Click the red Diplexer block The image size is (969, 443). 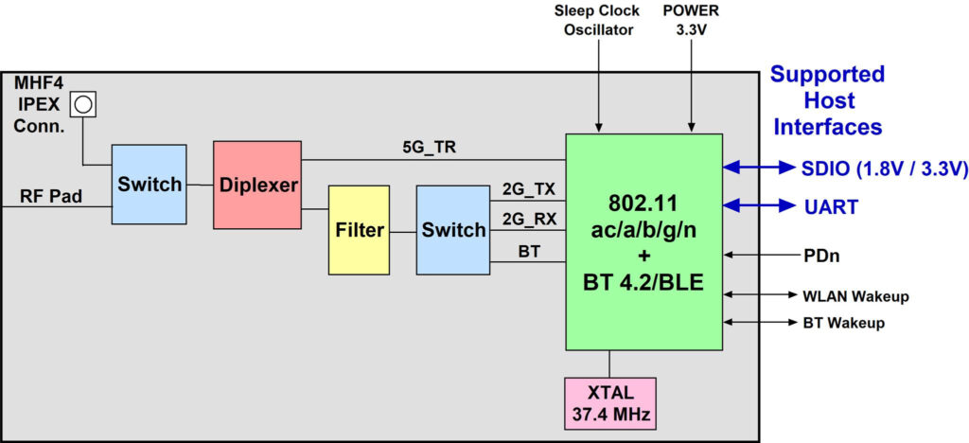click(257, 185)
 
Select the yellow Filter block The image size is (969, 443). click(359, 229)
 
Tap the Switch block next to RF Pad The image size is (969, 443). click(149, 185)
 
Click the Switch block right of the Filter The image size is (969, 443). click(453, 229)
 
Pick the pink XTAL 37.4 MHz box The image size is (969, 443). click(609, 403)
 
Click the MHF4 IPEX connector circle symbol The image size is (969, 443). click(84, 102)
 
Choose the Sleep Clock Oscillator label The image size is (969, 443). click(597, 20)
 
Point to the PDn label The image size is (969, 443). click(819, 255)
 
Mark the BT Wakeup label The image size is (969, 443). click(844, 323)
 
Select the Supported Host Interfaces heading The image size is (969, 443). click(826, 99)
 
